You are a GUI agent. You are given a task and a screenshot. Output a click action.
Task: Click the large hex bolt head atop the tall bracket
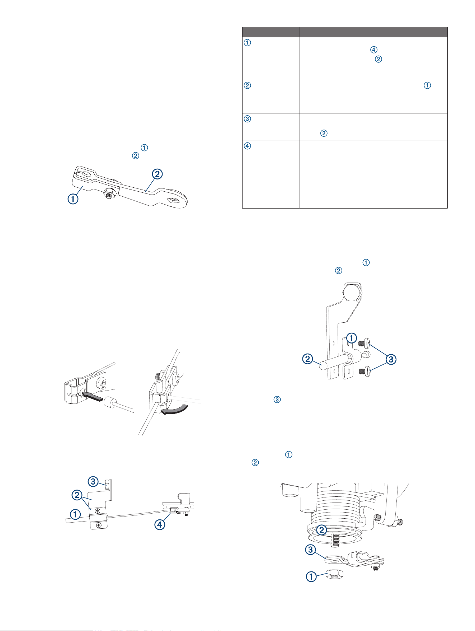click(353, 291)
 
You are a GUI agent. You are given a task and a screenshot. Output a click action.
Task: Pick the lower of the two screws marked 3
click(365, 370)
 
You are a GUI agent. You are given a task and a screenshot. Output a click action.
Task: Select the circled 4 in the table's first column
click(247, 146)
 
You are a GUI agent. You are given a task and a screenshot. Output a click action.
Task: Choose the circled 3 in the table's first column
click(247, 119)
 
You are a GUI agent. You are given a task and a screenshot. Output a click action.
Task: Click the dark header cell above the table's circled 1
click(271, 32)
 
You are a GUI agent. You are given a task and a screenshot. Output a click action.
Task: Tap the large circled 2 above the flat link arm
click(157, 174)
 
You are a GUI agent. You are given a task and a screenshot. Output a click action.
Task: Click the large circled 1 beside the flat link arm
click(73, 198)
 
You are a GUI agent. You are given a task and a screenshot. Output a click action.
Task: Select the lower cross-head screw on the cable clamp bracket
click(99, 525)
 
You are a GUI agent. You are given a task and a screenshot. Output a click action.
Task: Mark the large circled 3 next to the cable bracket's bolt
click(93, 481)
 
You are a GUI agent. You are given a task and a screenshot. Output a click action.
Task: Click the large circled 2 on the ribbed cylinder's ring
click(322, 530)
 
